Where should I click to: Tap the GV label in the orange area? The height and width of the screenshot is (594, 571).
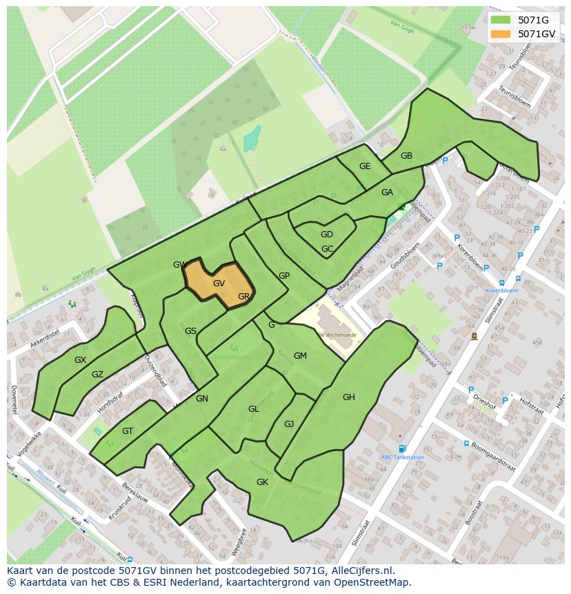219,284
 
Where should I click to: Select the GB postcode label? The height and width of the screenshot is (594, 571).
406,156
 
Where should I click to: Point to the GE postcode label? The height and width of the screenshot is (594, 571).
365,166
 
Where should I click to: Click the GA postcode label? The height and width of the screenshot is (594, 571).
387,192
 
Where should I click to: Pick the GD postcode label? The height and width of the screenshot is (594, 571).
327,235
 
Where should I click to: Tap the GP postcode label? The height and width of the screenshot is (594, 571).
284,276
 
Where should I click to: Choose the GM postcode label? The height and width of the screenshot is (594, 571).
300,356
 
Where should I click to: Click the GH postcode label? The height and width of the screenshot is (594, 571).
349,397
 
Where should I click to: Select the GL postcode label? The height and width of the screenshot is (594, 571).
254,409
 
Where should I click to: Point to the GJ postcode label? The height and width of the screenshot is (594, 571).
289,424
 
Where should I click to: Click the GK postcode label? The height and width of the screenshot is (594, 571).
262,482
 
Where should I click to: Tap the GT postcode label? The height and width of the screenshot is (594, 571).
128,431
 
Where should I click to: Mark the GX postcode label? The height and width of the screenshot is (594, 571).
81,360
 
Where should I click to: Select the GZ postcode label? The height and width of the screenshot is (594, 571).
97,375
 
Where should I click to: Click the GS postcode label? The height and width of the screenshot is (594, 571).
191,331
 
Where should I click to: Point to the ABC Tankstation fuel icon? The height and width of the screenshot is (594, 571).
402,448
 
